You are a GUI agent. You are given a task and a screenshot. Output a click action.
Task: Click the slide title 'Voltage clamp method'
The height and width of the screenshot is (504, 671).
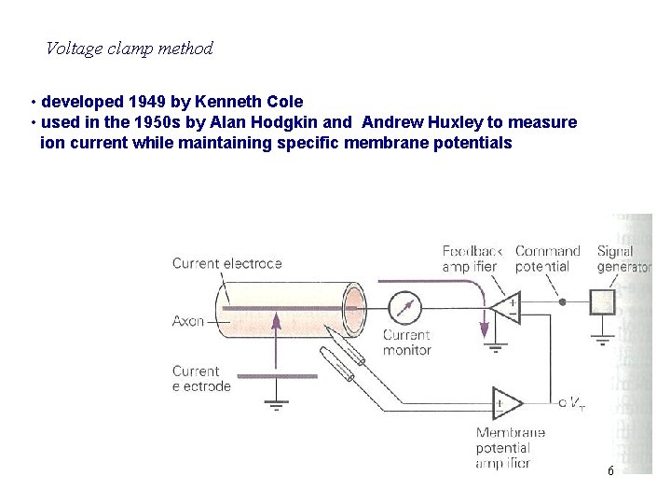click(x=130, y=49)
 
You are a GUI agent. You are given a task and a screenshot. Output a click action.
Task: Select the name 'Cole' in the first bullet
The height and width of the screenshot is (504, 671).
click(x=285, y=101)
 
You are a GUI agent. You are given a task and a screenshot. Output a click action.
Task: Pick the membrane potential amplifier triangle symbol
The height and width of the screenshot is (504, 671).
click(x=507, y=403)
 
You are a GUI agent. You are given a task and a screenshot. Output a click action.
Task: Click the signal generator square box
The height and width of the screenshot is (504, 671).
click(x=603, y=302)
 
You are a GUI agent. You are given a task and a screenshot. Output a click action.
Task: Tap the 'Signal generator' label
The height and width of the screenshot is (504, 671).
click(x=623, y=259)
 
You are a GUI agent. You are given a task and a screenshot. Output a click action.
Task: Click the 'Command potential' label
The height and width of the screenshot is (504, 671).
click(x=548, y=259)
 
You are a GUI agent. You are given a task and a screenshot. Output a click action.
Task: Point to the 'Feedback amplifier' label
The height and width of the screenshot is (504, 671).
click(x=472, y=259)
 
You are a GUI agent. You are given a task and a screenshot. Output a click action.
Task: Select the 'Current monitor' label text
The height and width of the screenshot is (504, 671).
click(x=406, y=343)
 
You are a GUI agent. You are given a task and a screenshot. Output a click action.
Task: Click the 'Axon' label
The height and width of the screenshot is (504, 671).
click(x=188, y=321)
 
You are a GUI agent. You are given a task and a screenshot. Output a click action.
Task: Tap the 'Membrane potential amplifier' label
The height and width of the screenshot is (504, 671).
click(x=510, y=447)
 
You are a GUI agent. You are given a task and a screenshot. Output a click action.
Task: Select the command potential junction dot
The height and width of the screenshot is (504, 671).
click(x=561, y=302)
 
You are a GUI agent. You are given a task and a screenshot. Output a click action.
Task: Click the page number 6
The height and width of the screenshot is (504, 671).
click(x=610, y=471)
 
